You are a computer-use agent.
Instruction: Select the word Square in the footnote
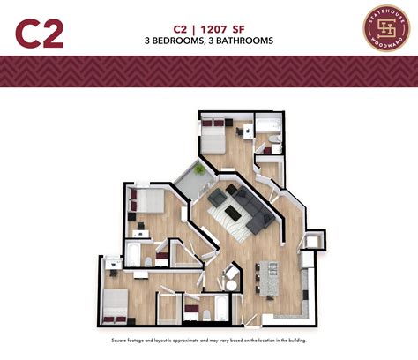121,340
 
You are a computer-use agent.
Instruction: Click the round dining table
229,274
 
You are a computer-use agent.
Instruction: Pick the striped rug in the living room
235,212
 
